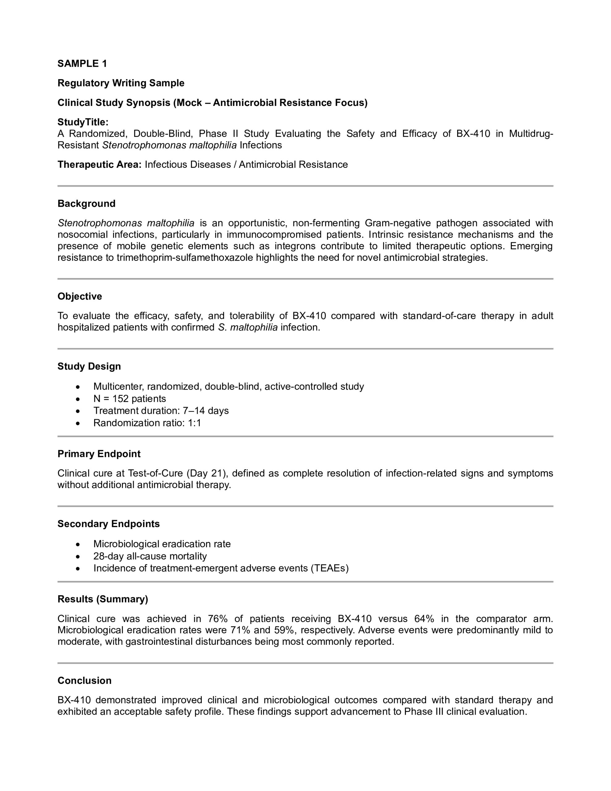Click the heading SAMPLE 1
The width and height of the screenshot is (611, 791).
(x=82, y=64)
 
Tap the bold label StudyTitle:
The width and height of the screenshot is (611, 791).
(x=83, y=122)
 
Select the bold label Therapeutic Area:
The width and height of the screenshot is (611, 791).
(x=99, y=165)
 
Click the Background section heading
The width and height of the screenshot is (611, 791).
(x=86, y=204)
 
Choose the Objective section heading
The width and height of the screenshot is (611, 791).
(x=80, y=296)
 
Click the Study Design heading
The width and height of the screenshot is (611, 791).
(x=89, y=366)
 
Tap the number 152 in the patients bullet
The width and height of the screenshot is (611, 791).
(x=120, y=399)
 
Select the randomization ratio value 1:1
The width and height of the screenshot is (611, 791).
(x=194, y=423)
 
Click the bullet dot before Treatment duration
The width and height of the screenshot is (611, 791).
(x=78, y=411)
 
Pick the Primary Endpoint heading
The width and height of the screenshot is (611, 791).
(x=99, y=454)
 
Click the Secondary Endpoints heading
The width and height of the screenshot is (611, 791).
(x=108, y=524)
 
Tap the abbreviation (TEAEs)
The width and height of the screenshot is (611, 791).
(x=329, y=568)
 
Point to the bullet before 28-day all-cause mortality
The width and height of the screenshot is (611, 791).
(x=78, y=556)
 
